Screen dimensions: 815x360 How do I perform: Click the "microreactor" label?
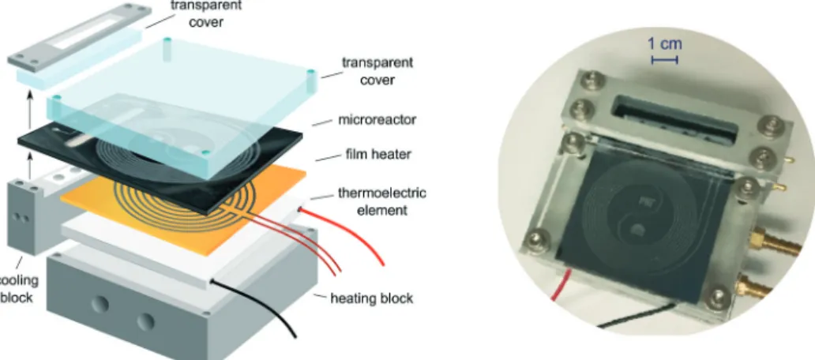(x=377, y=120)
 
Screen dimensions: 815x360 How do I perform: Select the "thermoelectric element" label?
(x=382, y=201)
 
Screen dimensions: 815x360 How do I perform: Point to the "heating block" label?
(x=372, y=298)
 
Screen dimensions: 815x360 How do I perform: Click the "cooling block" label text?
(x=19, y=289)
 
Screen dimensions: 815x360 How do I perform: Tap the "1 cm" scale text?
(x=665, y=43)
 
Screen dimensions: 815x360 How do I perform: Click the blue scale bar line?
(x=665, y=60)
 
